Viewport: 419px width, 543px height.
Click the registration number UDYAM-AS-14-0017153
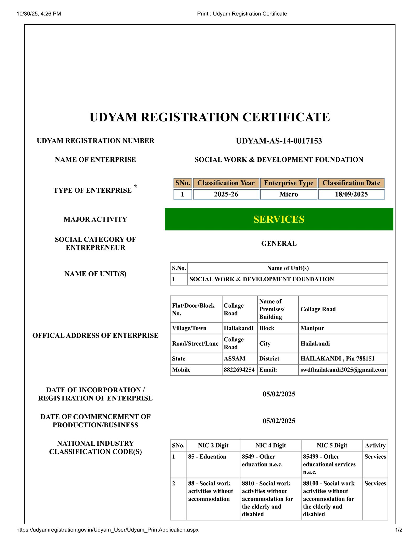click(x=279, y=141)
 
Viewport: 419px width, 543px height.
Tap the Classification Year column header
click(x=226, y=183)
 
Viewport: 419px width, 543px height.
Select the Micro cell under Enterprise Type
click(x=289, y=194)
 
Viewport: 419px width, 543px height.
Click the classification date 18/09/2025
click(x=351, y=194)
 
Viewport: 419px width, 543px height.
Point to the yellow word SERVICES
click(x=279, y=219)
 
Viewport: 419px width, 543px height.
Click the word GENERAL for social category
click(x=279, y=244)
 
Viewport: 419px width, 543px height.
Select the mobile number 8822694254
click(x=239, y=370)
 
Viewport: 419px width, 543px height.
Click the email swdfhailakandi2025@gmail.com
click(x=343, y=370)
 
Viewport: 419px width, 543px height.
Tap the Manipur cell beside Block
click(x=312, y=328)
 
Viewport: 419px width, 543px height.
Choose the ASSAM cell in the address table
click(x=234, y=358)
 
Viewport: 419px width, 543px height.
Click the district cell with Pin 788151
click(x=337, y=358)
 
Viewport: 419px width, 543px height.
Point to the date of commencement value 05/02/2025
click(x=279, y=421)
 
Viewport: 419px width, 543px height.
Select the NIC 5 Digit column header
click(x=332, y=445)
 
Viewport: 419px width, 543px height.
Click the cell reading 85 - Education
click(x=207, y=456)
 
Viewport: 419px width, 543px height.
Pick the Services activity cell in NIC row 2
click(x=375, y=483)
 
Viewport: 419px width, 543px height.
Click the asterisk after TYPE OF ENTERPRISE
click(x=136, y=186)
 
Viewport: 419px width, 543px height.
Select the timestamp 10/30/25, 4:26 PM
click(x=39, y=14)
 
